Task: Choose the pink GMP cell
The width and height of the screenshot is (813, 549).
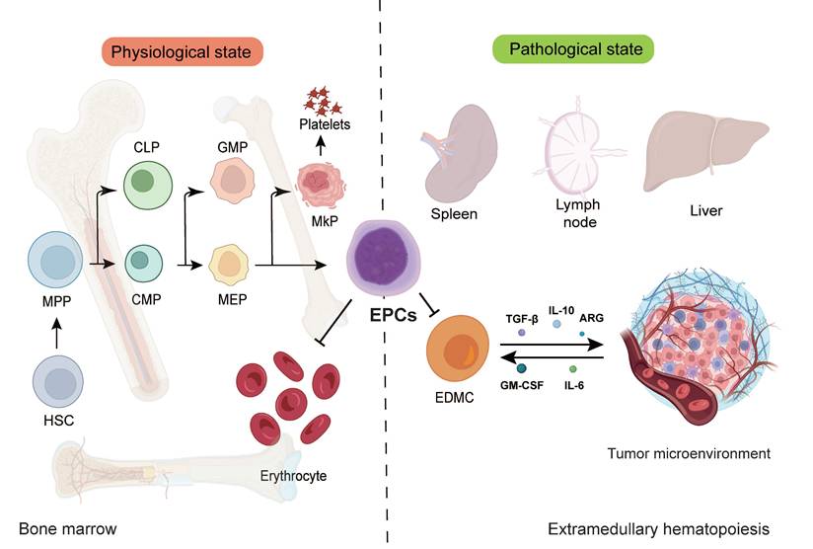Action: point(234,180)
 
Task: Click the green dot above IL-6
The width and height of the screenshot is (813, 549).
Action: point(573,368)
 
